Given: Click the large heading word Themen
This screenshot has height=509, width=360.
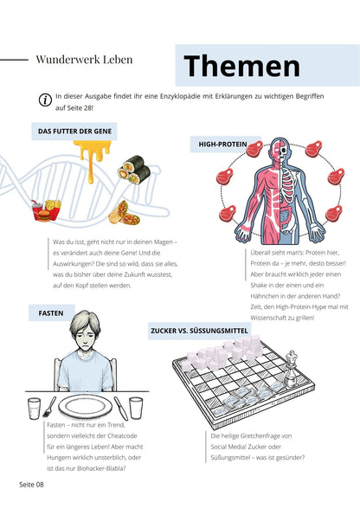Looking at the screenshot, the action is (241, 66).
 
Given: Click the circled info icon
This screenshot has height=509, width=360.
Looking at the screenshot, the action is (45, 100).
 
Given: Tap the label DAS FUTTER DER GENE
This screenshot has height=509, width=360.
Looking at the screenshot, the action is (74, 132).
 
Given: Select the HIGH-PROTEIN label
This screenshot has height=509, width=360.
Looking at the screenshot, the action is (222, 144).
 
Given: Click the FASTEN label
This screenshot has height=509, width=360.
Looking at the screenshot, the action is (51, 313).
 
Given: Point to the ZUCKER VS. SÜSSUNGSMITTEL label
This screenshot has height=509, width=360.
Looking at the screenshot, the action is (199, 331).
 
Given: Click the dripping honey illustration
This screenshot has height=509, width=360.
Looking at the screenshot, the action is (92, 157).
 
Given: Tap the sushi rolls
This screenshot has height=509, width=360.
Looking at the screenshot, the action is (134, 169).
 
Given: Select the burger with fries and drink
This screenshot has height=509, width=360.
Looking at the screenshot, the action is (46, 210).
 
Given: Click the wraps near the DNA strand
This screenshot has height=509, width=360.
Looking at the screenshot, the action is (124, 213).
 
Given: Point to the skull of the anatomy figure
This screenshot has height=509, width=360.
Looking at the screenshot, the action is (284, 150).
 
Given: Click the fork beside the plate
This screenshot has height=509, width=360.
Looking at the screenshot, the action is (49, 407).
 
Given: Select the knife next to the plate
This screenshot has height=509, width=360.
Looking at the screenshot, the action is (120, 409).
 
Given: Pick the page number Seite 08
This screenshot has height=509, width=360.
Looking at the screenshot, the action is (31, 485).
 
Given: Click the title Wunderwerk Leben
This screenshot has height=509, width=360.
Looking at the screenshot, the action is (84, 60).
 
